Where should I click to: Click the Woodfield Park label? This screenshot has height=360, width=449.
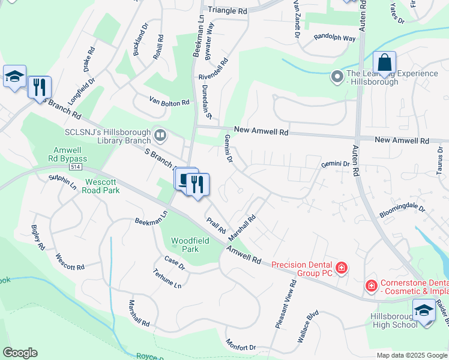point(185,245)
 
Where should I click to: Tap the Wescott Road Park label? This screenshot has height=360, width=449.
point(102,186)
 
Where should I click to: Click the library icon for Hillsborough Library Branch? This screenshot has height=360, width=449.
point(160,134)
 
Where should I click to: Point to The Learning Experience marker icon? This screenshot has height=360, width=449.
point(337,77)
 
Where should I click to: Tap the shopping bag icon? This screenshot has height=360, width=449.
point(384,63)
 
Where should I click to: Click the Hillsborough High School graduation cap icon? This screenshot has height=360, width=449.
point(424,311)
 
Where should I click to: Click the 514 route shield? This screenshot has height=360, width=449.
point(75,167)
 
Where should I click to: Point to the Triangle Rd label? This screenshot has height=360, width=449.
point(228,11)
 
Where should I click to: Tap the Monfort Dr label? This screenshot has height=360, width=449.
point(241,346)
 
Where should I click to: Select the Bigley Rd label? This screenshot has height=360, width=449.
point(38,238)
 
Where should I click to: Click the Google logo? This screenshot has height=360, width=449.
point(20,353)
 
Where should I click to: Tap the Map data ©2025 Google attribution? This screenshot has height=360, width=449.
point(412,355)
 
